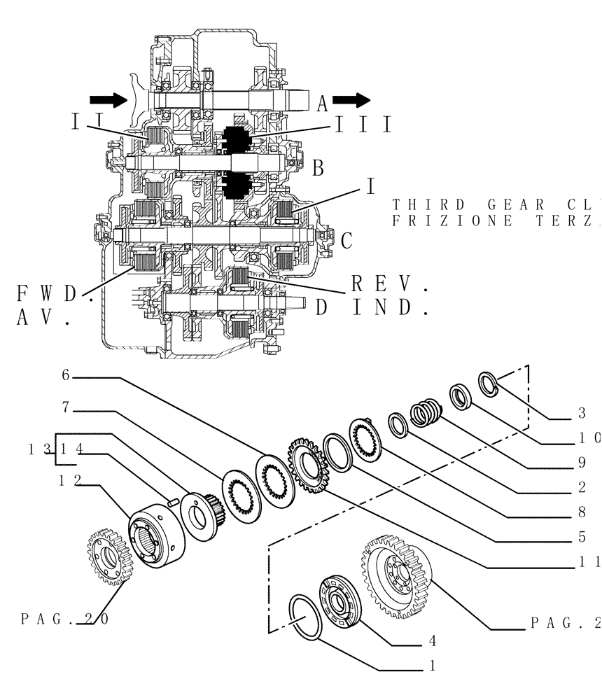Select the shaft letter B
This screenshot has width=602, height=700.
318,168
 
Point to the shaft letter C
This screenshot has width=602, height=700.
346,240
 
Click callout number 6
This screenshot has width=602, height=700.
65,375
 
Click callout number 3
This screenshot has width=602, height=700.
581,412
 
